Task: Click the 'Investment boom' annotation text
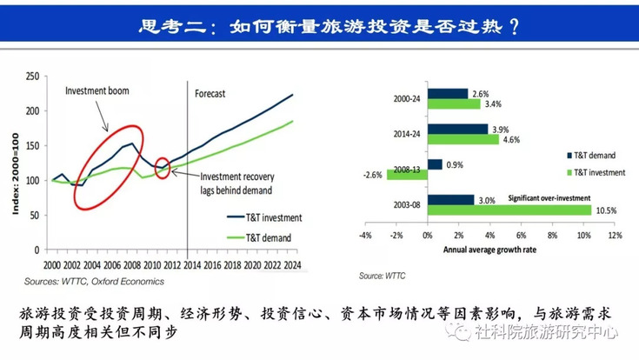(x=97, y=90)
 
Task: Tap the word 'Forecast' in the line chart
(x=210, y=94)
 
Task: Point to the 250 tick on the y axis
(x=33, y=77)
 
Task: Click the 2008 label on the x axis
(x=132, y=265)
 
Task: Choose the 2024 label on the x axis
(x=293, y=265)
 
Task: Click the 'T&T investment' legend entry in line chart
(x=264, y=217)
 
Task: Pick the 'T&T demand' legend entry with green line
(x=259, y=237)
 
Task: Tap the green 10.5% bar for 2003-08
(x=509, y=210)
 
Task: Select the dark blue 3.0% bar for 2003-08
(x=450, y=200)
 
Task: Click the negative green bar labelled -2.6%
(x=407, y=175)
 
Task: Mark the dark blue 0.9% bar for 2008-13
(x=435, y=164)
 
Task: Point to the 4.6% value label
(x=511, y=140)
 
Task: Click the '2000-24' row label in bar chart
(x=407, y=98)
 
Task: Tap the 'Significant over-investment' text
(x=549, y=198)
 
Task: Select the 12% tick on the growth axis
(x=615, y=236)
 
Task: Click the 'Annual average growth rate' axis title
(x=489, y=250)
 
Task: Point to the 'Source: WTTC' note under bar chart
(x=382, y=276)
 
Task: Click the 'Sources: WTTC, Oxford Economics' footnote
(x=94, y=282)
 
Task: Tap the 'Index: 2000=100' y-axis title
(x=16, y=174)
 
